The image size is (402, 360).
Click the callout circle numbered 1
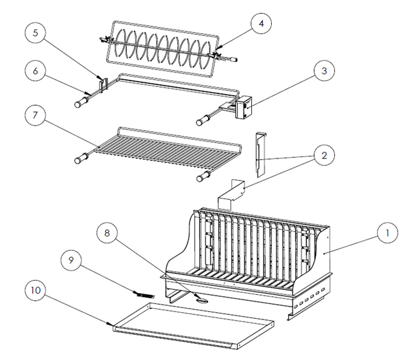click(387, 233)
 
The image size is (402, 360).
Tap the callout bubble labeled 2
click(324, 156)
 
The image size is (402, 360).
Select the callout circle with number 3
click(324, 71)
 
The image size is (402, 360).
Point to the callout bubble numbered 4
click(261, 24)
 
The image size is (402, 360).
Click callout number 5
click(35, 33)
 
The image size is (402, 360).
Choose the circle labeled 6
click(35, 71)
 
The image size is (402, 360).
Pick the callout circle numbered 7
click(35, 115)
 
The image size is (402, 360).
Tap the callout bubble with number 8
click(107, 233)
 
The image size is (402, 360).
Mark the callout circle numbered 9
click(71, 260)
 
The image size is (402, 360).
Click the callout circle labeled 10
click(35, 290)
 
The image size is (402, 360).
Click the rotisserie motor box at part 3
click(244, 107)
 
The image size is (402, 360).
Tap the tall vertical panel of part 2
click(261, 155)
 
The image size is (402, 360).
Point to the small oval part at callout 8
click(202, 300)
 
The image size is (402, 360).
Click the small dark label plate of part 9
click(144, 295)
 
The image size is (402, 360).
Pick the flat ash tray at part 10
click(193, 325)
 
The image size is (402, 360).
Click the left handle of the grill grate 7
click(82, 158)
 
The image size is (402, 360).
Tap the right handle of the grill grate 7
click(204, 176)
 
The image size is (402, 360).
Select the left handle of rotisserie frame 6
click(82, 101)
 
